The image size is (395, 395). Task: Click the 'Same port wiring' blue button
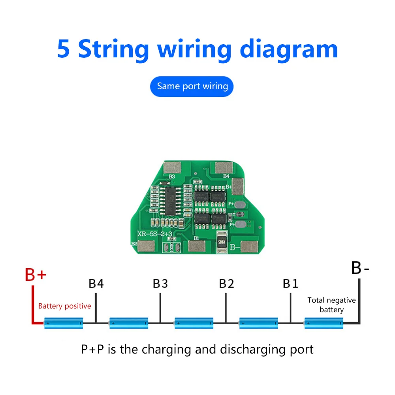click(x=192, y=87)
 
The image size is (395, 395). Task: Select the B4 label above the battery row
click(x=96, y=284)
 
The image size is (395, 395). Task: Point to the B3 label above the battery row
click(x=160, y=284)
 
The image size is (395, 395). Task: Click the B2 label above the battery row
click(x=227, y=284)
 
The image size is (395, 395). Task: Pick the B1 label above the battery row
click(x=291, y=284)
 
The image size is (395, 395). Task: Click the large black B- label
click(x=360, y=268)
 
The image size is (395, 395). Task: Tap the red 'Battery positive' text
click(x=64, y=306)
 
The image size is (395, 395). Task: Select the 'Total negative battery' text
click(x=331, y=305)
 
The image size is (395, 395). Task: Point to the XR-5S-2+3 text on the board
click(x=154, y=235)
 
